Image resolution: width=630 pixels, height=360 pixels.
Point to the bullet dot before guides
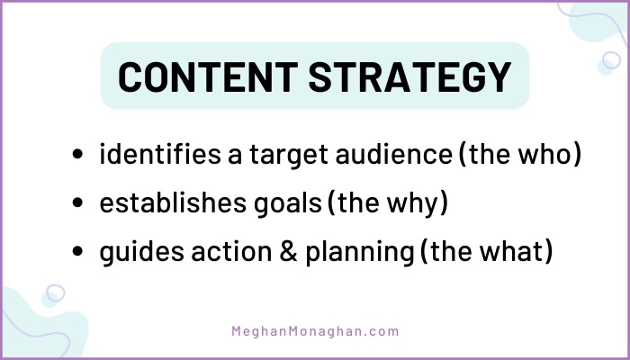click(78, 255)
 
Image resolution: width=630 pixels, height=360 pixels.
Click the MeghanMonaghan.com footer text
click(316, 331)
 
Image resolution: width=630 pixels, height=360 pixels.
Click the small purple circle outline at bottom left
click(55, 293)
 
